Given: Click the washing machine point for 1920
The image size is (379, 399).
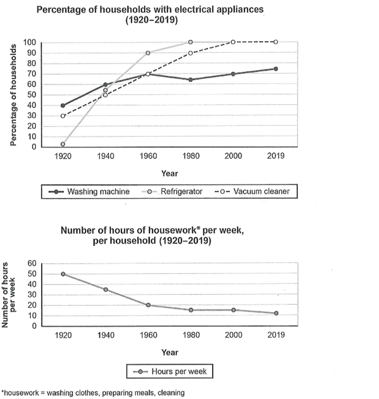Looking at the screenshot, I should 63,106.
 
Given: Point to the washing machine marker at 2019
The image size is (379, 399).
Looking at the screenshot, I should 275,69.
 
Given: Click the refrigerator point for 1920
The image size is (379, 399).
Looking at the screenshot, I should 63,144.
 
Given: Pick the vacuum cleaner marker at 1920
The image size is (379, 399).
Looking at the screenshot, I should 63,116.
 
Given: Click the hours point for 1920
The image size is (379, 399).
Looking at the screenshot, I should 63,274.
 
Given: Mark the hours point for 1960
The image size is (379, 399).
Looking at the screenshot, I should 147,305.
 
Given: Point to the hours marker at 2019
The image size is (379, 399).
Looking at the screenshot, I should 275,313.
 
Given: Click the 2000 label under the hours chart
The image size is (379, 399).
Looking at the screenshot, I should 232,335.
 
